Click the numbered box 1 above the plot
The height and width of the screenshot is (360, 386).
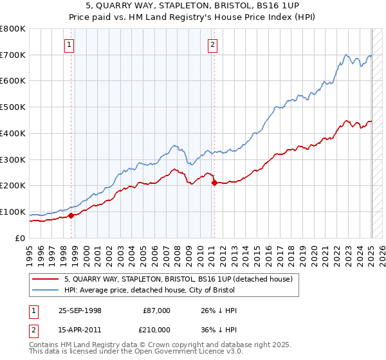[69, 45]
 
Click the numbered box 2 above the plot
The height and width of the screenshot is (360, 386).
[212, 45]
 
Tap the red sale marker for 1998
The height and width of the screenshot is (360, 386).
[71, 215]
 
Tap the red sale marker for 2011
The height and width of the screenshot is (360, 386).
[214, 183]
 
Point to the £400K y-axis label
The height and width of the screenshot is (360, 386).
[14, 133]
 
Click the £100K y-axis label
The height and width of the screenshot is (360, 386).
[14, 212]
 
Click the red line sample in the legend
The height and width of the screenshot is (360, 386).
[46, 279]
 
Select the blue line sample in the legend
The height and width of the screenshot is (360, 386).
[46, 291]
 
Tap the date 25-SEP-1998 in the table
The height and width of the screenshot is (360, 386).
[80, 310]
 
